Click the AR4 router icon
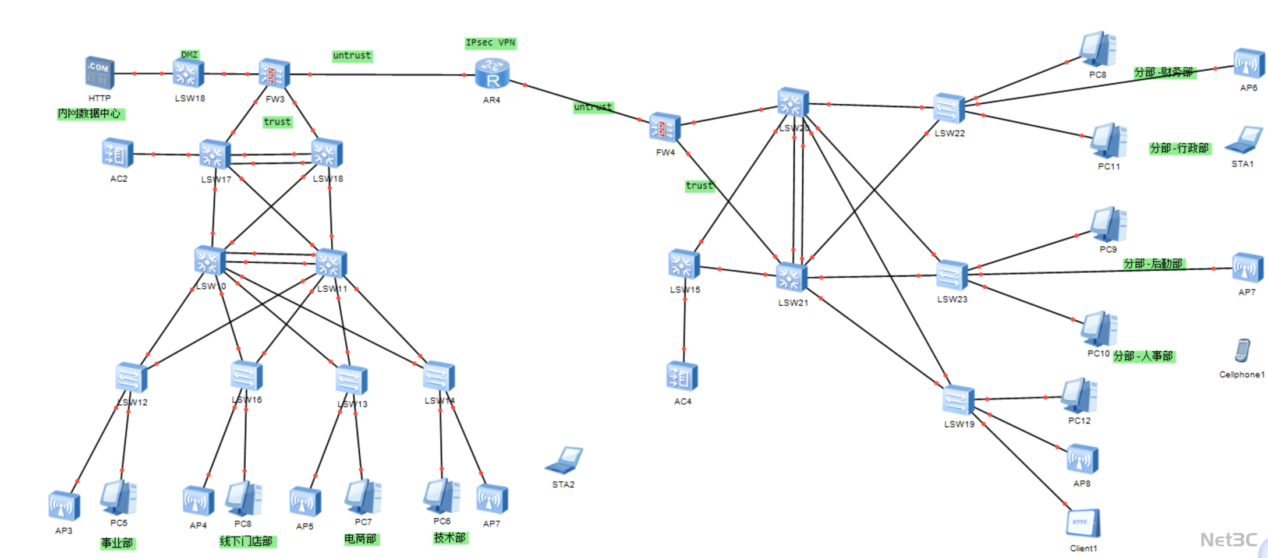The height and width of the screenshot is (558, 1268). click(x=492, y=74)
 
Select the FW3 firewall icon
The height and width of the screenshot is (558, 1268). click(x=274, y=74)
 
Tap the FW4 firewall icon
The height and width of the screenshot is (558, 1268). click(x=664, y=128)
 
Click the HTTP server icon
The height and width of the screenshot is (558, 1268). click(x=100, y=73)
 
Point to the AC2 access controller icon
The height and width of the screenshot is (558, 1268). click(x=117, y=154)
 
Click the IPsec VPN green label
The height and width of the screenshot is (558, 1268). click(x=490, y=43)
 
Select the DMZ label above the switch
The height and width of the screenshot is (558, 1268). click(x=189, y=54)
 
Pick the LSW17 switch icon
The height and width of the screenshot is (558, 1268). click(x=214, y=155)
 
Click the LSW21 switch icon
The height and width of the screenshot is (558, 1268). click(x=792, y=277)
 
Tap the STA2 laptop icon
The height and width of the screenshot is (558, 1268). click(x=564, y=460)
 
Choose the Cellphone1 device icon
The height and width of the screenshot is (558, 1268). click(x=1242, y=351)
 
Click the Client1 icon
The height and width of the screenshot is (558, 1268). click(x=1083, y=524)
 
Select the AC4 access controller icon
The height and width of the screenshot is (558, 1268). click(x=682, y=377)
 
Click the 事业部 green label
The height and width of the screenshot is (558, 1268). click(x=117, y=543)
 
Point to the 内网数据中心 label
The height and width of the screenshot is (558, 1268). click(x=90, y=114)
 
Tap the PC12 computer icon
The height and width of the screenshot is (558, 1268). click(x=1079, y=396)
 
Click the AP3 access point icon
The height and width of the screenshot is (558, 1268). click(x=64, y=506)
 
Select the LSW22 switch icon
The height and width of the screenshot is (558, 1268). click(x=948, y=108)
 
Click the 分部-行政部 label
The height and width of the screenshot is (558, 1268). click(x=1180, y=148)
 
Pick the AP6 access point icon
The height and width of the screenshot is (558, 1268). click(x=1248, y=64)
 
